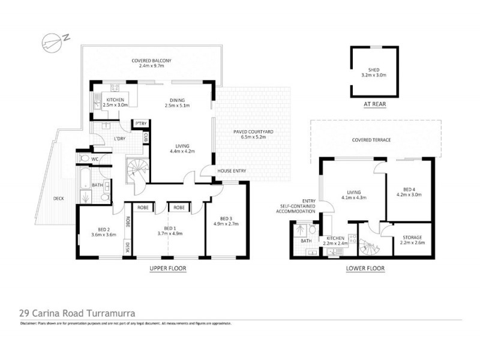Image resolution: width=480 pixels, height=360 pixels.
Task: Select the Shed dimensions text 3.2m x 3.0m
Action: click(x=374, y=76)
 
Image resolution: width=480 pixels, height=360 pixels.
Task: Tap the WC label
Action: click(x=95, y=159)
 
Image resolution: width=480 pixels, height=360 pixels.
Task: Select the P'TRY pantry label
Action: click(x=141, y=124)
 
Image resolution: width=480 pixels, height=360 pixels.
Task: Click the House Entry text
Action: click(x=232, y=171)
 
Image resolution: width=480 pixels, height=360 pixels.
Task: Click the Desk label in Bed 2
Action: click(x=128, y=247)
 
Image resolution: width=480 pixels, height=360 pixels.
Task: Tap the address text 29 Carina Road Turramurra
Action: click(x=76, y=313)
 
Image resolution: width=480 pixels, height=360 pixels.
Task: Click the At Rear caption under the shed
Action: click(x=373, y=103)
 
